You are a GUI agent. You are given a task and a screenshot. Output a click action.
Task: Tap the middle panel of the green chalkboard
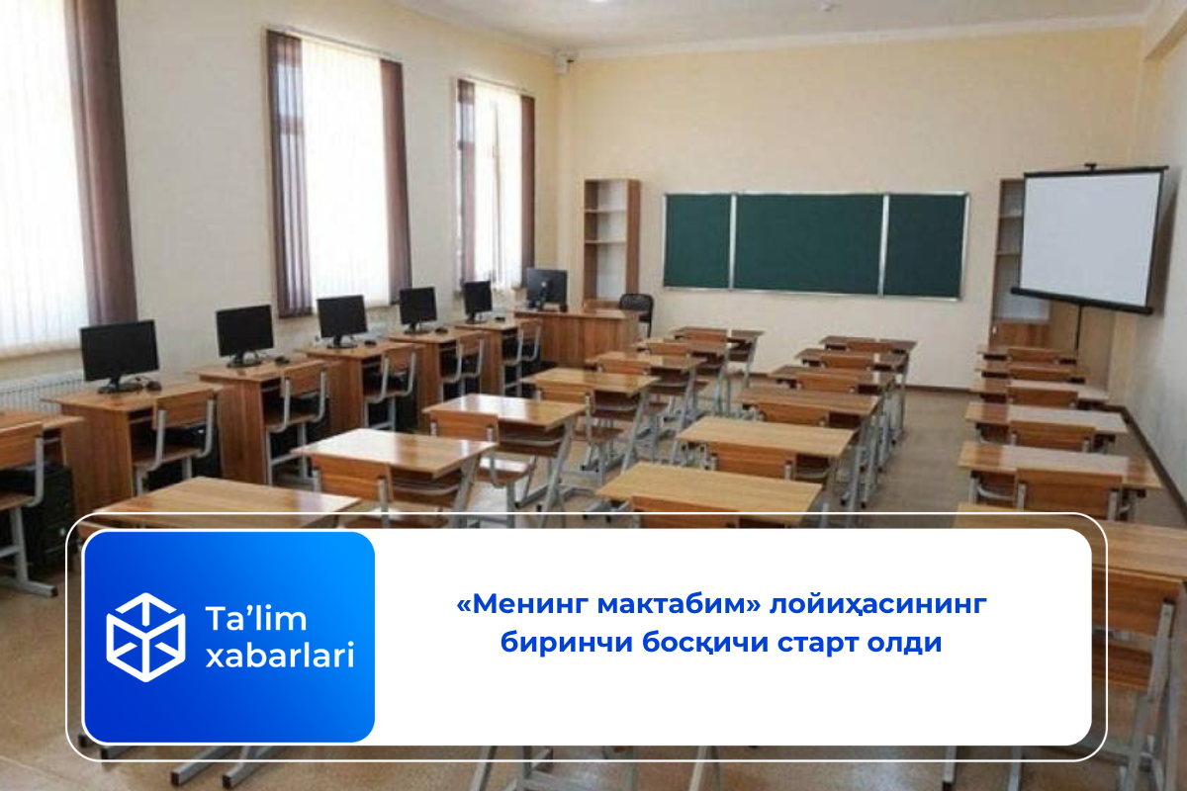coord(808,243)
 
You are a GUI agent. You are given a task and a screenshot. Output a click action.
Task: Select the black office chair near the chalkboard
coord(637,312)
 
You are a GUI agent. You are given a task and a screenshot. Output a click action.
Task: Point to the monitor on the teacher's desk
coord(547,288)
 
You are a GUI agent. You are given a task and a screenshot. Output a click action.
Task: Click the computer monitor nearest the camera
coord(120,354)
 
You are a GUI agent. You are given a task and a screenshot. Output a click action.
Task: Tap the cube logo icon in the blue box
coord(145,637)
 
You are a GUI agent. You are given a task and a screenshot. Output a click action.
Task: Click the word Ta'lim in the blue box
coord(256,618)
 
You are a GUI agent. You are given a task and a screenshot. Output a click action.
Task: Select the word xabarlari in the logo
coord(280,655)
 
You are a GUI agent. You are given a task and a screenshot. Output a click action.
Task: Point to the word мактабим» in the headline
coord(680,604)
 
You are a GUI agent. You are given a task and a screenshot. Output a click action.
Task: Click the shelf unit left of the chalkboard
coord(611,242)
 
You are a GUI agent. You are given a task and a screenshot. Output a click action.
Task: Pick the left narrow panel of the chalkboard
coord(697,241)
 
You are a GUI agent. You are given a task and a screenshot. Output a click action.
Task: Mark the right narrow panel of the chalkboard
coord(925,245)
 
